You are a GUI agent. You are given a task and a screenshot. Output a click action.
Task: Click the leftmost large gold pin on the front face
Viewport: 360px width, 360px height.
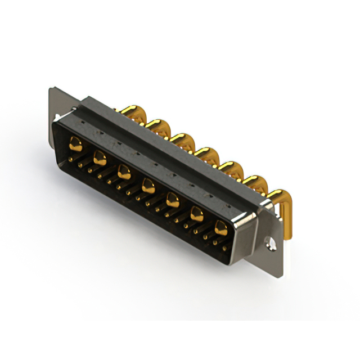(75, 145)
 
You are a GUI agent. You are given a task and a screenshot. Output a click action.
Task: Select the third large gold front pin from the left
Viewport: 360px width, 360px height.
(124, 170)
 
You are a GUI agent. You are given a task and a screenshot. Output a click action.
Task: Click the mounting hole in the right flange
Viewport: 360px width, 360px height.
(271, 245)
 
